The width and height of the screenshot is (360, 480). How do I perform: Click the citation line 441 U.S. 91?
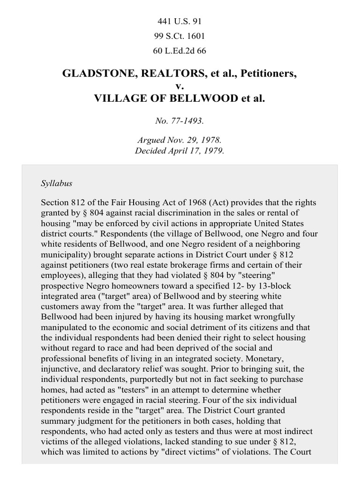click(x=180, y=22)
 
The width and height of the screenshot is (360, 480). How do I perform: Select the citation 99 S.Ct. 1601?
click(x=180, y=36)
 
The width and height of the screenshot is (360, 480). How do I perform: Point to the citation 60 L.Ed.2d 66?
click(x=180, y=51)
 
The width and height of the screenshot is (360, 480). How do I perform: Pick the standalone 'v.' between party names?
click(x=180, y=87)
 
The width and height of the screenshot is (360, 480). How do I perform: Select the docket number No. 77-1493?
click(x=180, y=121)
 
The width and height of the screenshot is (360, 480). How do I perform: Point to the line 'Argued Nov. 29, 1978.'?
click(x=180, y=140)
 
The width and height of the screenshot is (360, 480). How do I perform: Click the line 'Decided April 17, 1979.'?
click(x=180, y=151)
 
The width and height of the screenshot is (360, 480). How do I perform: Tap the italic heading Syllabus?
click(x=56, y=183)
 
